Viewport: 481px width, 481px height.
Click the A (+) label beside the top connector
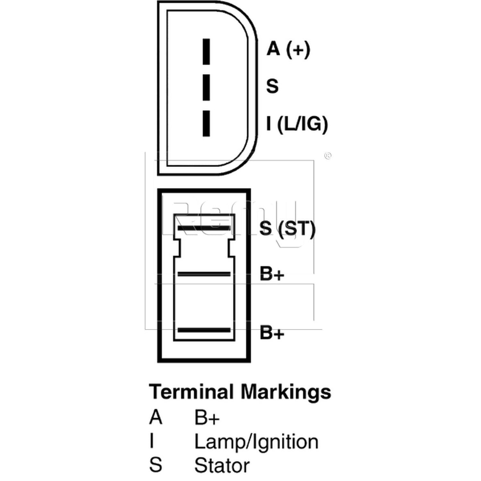tap(288, 49)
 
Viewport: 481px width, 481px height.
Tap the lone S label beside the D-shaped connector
tap(272, 86)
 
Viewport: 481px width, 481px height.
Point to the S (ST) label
tap(287, 228)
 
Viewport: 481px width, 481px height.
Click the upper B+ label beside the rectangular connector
tap(272, 274)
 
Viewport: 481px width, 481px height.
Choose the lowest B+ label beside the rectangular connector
tap(272, 332)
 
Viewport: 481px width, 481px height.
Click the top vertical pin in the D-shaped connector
tap(206, 52)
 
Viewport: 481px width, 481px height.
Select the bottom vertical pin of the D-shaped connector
tap(206, 123)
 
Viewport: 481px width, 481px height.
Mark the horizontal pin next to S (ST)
tap(204, 228)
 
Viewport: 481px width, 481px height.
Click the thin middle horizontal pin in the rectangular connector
tap(204, 274)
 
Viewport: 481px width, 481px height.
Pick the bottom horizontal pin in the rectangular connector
tap(204, 330)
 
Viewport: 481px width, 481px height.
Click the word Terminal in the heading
tap(191, 392)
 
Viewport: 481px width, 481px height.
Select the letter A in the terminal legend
tap(156, 418)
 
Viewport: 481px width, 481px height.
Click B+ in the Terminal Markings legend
tap(207, 418)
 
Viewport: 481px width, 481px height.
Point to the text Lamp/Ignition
tap(257, 443)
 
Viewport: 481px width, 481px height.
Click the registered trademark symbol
tap(328, 156)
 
